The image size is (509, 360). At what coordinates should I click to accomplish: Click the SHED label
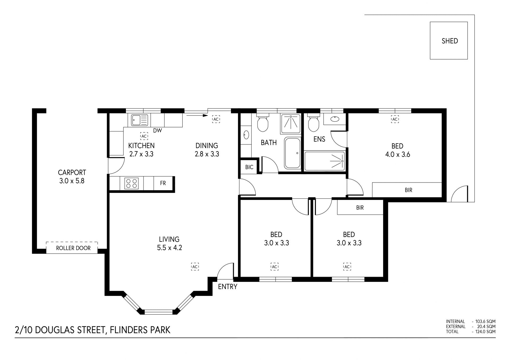point(450,41)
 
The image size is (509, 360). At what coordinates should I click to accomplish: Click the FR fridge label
point(163,183)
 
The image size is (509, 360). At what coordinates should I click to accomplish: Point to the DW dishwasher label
point(157,131)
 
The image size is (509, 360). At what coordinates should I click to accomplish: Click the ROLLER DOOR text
point(73,248)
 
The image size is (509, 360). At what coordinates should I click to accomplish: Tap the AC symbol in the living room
point(195,266)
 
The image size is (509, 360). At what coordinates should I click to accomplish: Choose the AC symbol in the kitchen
point(144,136)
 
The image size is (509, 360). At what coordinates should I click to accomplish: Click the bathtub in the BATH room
point(292,153)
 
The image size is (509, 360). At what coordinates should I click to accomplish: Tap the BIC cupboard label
point(249,167)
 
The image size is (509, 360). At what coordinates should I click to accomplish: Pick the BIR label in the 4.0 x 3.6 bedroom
point(409,190)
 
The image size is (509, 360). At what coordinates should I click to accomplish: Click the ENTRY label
point(227,287)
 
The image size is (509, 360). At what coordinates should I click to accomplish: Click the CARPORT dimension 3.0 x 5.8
point(72,181)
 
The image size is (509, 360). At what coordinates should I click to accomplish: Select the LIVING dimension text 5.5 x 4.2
point(169,248)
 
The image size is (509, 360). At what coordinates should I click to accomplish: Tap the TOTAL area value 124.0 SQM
point(486,331)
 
